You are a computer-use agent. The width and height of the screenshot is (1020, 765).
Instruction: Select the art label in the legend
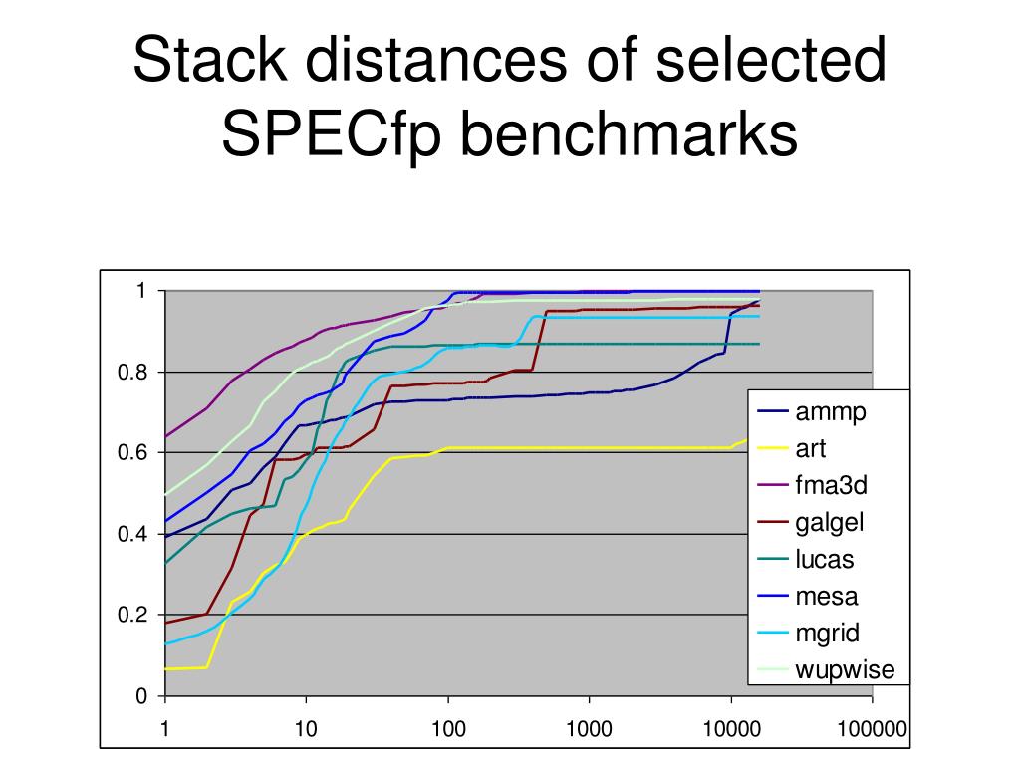pos(810,449)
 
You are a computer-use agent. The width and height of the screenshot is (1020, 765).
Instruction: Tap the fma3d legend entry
pos(831,486)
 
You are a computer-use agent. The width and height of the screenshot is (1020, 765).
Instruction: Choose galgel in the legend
pos(829,523)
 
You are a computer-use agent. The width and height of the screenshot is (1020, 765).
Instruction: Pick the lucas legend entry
pos(824,559)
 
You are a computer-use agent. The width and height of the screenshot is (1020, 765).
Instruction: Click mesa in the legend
pos(826,596)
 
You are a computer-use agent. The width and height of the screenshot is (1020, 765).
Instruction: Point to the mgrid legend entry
pos(827,633)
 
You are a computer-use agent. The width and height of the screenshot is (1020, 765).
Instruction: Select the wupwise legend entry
pos(845,669)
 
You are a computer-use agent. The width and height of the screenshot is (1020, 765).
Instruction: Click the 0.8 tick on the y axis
pos(132,373)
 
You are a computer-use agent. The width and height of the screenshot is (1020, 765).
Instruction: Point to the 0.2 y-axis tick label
pos(132,615)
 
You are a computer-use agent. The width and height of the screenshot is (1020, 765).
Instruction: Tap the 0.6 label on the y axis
pos(132,453)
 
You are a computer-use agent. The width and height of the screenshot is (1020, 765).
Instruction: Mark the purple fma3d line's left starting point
pos(165,436)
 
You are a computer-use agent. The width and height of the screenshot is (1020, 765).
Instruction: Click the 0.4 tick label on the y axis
pos(132,534)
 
